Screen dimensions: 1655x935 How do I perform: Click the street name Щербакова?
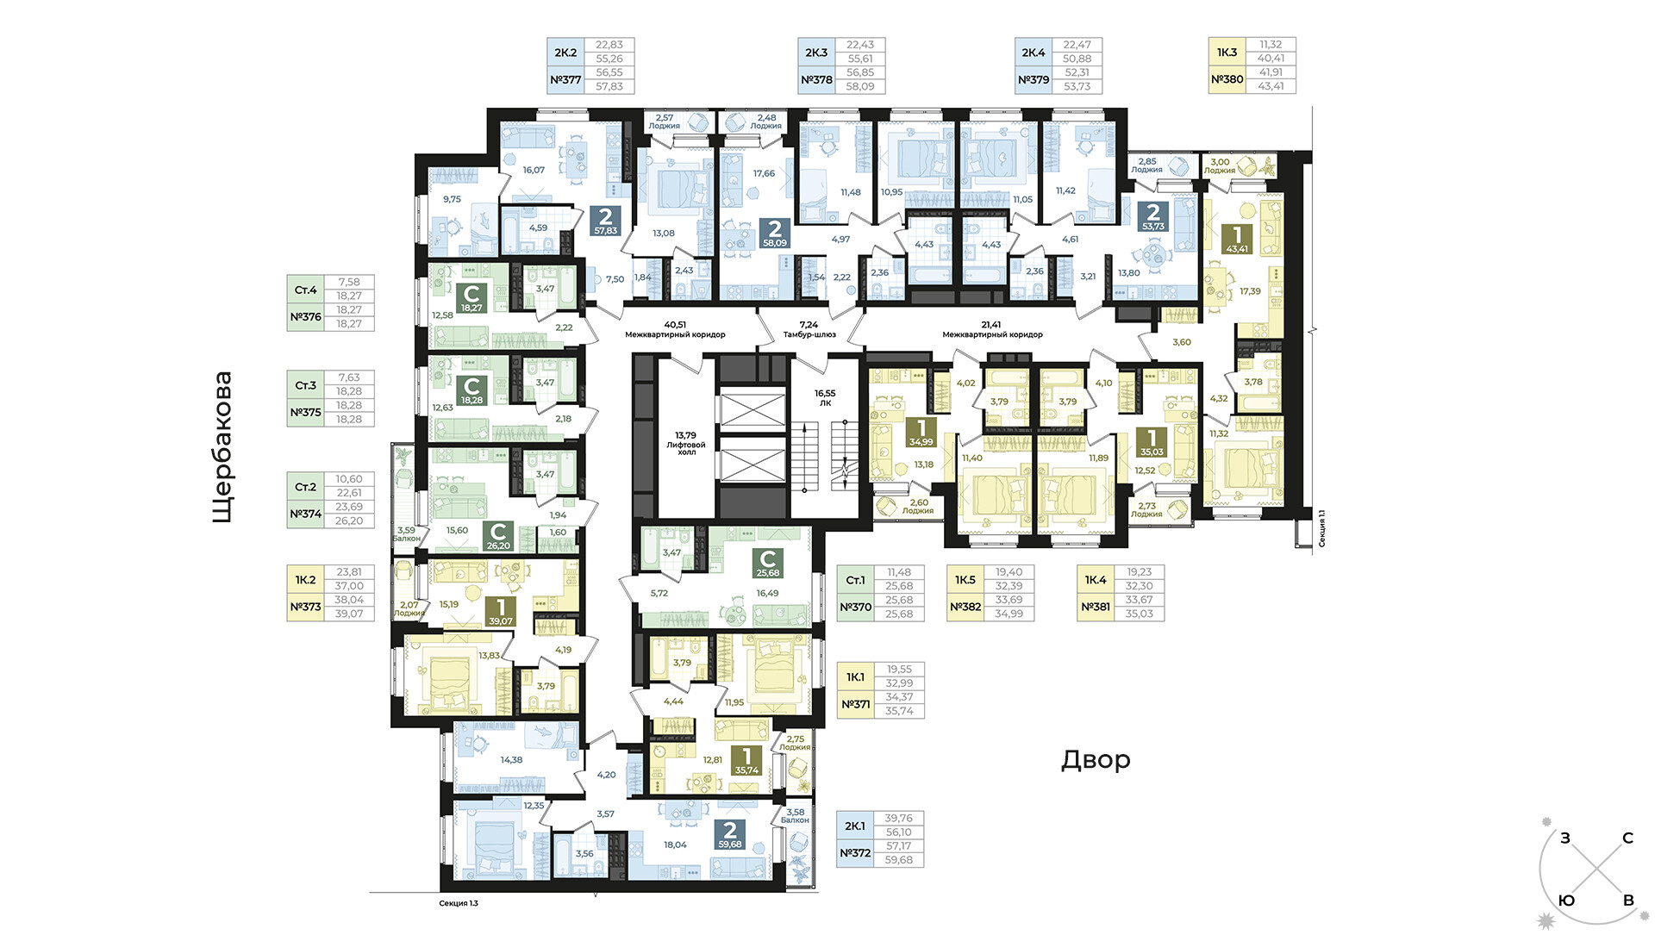click(x=222, y=447)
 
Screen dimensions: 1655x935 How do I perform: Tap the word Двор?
click(x=1096, y=760)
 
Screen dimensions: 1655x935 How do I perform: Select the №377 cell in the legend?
click(x=565, y=80)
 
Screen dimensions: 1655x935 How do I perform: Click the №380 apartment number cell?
click(x=1227, y=79)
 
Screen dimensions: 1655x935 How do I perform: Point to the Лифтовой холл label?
click(x=686, y=444)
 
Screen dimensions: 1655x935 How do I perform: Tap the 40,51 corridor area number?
click(x=675, y=325)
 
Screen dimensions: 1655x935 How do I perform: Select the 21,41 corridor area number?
click(x=991, y=325)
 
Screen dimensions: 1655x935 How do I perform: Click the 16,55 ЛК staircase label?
click(x=825, y=397)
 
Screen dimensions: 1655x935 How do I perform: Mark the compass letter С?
click(x=1627, y=838)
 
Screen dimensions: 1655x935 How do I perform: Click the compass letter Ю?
click(x=1567, y=901)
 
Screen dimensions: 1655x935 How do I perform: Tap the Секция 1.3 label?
click(x=459, y=903)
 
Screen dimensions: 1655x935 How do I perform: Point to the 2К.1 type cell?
click(x=855, y=826)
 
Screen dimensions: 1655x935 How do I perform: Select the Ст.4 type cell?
click(x=306, y=290)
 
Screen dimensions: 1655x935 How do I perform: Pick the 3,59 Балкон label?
click(x=406, y=534)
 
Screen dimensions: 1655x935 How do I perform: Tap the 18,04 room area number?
click(x=675, y=845)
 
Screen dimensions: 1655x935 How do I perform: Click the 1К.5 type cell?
click(x=965, y=580)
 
